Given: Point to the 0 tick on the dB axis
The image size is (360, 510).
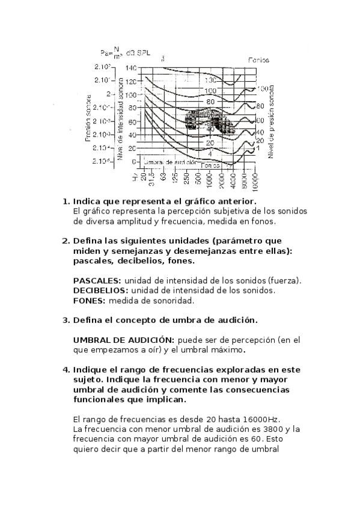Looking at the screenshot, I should coord(133,162).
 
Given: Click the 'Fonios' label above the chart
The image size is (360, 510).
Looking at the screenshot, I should coord(259,60).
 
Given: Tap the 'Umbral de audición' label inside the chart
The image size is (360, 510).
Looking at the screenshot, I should coord(171,162).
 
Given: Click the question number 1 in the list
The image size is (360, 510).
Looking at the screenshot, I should coord(66,201).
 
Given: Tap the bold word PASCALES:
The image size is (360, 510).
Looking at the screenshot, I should coord(97,280).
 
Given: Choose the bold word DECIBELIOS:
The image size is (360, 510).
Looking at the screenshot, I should coord(100,290).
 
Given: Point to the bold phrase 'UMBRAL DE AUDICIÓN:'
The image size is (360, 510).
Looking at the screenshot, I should coord(124,340).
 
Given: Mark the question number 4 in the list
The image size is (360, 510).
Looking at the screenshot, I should coord(66,369).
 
